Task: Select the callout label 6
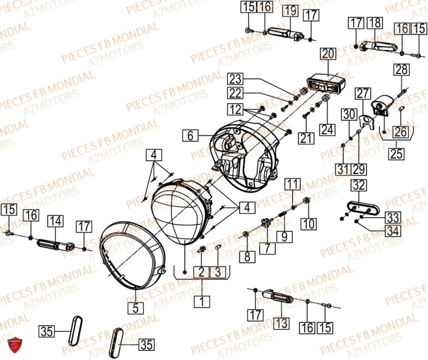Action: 190,136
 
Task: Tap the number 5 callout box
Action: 135,307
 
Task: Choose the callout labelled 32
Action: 359,186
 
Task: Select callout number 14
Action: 56,221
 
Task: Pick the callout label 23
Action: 235,79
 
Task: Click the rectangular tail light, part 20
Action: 327,83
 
